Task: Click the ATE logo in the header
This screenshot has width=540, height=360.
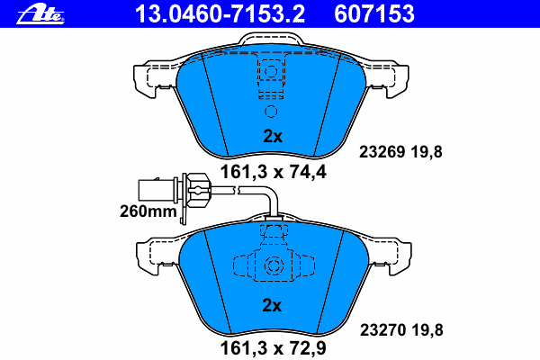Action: click(x=40, y=15)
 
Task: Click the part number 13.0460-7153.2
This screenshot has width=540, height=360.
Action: click(x=220, y=13)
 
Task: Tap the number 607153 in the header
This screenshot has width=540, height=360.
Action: click(x=374, y=13)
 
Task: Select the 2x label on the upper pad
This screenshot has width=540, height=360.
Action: click(x=273, y=137)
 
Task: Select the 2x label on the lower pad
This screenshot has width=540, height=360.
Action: click(x=272, y=305)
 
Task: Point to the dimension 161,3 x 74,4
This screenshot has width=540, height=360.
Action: click(x=273, y=172)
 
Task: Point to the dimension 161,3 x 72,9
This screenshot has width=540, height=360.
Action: click(x=273, y=348)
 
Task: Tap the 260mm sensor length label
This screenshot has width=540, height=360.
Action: click(x=148, y=211)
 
